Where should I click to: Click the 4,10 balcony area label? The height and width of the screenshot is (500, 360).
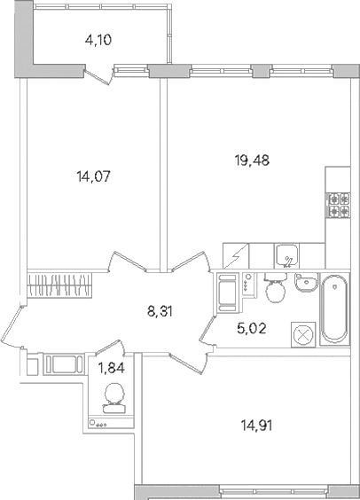point(98,41)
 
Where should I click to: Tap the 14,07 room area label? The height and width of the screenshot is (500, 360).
point(93,176)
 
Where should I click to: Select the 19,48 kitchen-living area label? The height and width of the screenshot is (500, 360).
point(252,160)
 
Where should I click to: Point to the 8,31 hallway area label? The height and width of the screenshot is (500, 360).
point(160,311)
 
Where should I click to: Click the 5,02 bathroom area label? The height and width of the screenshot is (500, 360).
point(252,328)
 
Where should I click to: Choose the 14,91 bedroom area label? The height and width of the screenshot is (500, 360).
point(256,426)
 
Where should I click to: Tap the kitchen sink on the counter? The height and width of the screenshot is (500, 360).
point(287,255)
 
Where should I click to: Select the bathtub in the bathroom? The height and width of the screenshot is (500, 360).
point(334,310)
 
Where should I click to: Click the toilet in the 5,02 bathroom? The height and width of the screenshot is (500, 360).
point(275,288)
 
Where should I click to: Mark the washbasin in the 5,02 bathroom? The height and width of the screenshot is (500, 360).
point(307,283)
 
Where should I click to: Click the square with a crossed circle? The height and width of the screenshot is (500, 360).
point(303,334)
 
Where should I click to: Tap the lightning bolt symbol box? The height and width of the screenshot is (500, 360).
point(236,255)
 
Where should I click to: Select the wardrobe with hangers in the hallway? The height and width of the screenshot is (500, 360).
point(59,285)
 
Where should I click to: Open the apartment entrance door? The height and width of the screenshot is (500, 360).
point(12,324)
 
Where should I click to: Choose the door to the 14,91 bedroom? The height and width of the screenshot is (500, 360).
point(186,363)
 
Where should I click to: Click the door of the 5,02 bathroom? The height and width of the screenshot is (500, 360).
point(207,330)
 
